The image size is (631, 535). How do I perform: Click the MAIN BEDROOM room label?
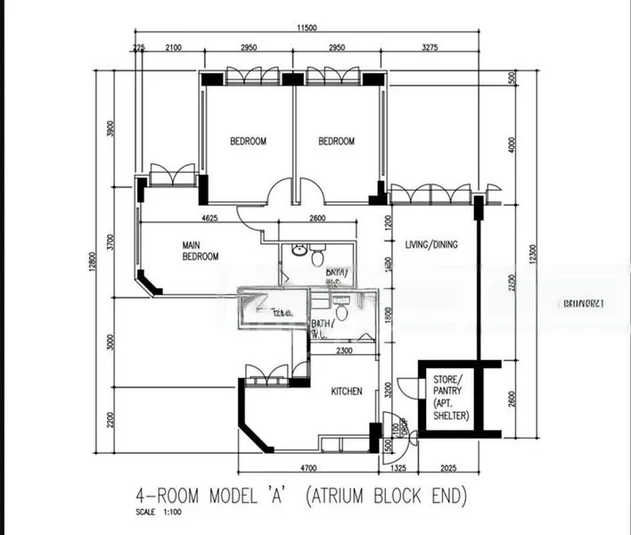point(200,251)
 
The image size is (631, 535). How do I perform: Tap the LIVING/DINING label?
point(431,244)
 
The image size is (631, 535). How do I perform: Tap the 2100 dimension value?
point(174,46)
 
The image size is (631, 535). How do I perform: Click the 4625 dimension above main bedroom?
point(210,218)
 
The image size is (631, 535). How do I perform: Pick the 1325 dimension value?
point(397,467)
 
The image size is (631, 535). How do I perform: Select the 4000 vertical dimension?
point(512,144)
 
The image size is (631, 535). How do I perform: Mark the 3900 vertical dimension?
point(111,129)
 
